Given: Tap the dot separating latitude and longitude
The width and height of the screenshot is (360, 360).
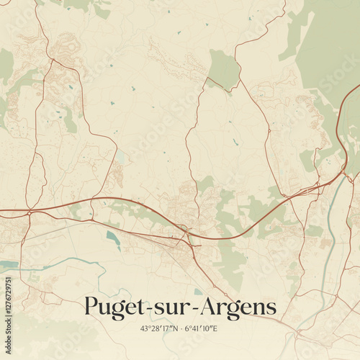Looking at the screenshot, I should click(x=180, y=329).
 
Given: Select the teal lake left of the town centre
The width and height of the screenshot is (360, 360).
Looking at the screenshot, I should click(x=114, y=237).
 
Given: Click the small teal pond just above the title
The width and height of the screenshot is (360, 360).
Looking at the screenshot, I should click(x=197, y=292).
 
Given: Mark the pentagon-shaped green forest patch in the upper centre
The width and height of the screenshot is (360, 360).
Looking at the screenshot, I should click(x=224, y=71).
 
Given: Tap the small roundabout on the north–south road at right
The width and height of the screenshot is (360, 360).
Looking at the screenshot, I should click(x=268, y=131).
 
